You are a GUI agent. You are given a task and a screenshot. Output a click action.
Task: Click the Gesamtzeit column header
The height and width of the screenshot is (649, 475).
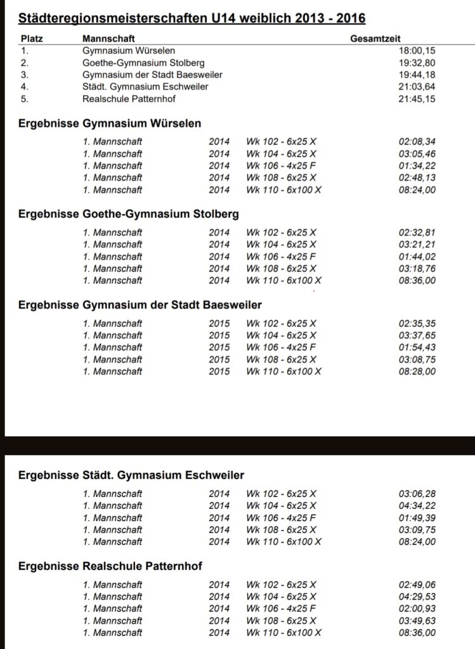pyautogui.click(x=375, y=39)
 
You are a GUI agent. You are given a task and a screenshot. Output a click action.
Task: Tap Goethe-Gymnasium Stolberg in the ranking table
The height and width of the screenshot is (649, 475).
pyautogui.click(x=138, y=63)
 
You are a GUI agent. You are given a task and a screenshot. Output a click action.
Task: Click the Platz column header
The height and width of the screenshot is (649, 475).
pyautogui.click(x=32, y=39)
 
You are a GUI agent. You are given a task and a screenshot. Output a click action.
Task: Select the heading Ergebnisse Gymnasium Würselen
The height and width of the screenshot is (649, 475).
pyautogui.click(x=110, y=124)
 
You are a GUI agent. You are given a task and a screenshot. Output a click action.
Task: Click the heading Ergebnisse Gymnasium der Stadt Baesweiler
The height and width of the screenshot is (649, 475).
pyautogui.click(x=140, y=305)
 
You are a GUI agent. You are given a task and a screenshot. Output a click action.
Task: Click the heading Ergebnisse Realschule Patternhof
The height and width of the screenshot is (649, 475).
pyautogui.click(x=110, y=566)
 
